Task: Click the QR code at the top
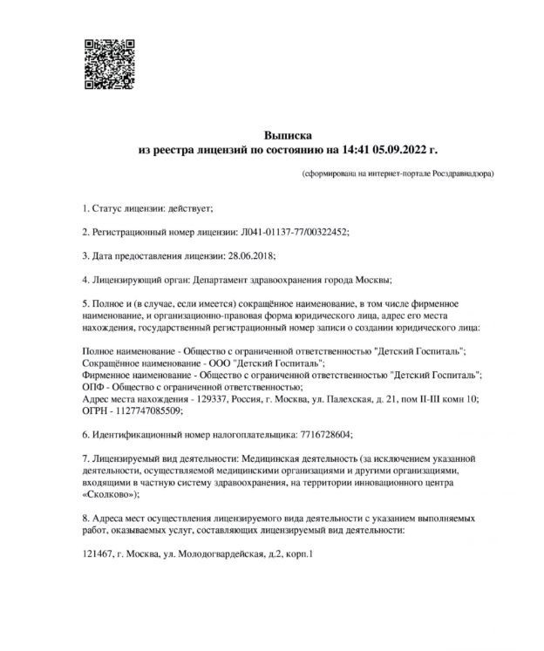coord(108,64)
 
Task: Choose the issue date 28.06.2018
coord(249,257)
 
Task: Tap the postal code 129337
coord(210,398)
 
